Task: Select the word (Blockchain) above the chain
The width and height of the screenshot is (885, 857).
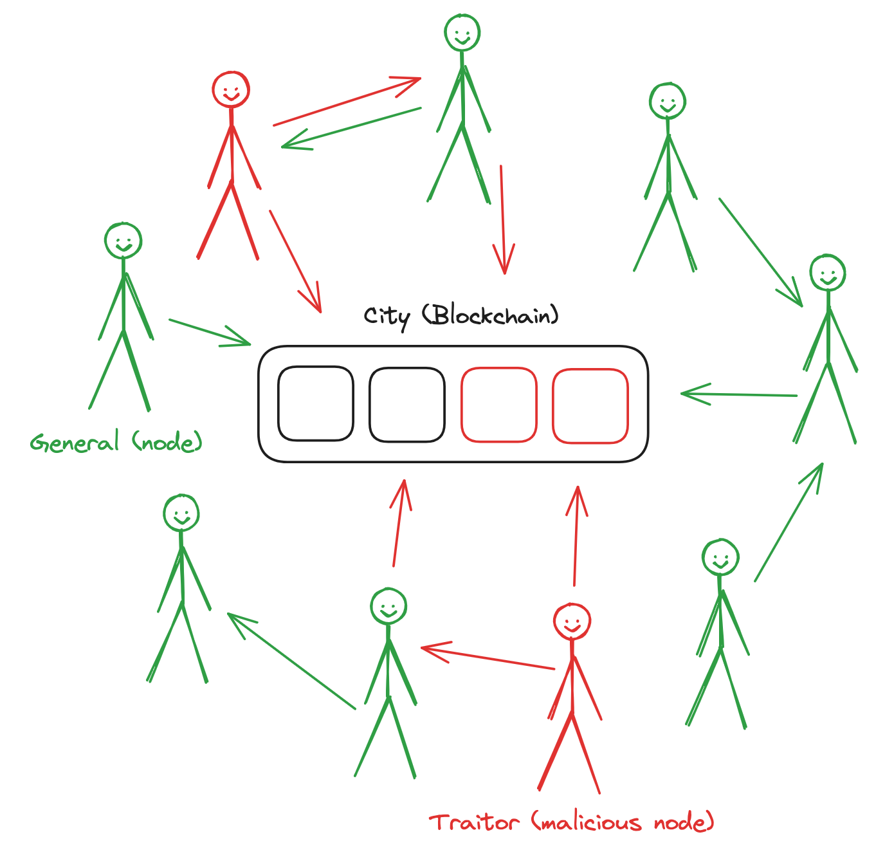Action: [491, 315]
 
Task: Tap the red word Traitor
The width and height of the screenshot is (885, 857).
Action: [474, 822]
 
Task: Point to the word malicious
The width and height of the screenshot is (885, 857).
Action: [587, 822]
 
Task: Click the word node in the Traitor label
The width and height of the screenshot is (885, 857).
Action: [684, 822]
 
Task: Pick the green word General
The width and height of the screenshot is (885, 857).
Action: [75, 443]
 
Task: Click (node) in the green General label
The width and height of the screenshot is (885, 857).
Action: [167, 443]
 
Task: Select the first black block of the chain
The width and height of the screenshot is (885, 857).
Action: [315, 403]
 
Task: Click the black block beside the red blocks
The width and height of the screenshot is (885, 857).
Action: [406, 405]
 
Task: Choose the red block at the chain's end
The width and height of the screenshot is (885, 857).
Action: [590, 406]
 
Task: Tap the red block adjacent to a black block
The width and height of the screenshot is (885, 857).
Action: [498, 405]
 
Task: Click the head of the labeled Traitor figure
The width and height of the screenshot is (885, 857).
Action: [572, 622]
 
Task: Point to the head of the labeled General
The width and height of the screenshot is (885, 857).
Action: [123, 241]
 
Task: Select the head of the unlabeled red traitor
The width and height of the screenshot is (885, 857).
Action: [230, 89]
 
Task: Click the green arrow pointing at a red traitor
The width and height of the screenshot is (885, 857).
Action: [351, 128]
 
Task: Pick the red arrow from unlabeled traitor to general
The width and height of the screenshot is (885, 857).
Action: [347, 102]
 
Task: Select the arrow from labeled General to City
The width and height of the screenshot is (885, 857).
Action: [210, 332]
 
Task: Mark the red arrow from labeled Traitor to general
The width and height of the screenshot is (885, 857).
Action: [488, 658]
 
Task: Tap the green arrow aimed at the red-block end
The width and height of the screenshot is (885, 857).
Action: [739, 394]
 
